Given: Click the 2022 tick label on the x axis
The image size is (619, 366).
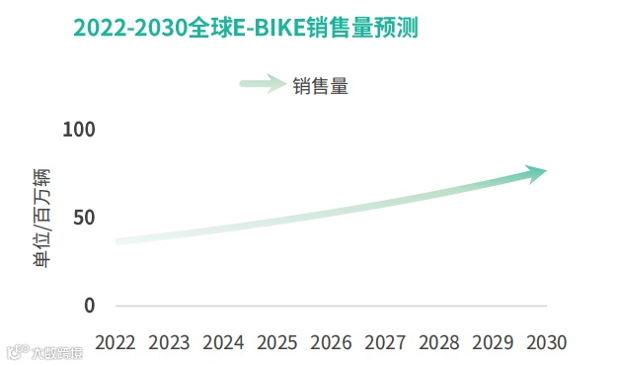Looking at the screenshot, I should coord(116,342).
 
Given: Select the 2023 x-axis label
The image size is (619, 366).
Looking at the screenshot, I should coord(169,342).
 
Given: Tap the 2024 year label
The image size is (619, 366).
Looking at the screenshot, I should coord(223,342).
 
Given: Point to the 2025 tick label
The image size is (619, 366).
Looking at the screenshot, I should coord(276,342).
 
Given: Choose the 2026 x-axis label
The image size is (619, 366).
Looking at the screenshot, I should coord(331,342).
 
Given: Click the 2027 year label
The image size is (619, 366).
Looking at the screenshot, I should coord(385,342).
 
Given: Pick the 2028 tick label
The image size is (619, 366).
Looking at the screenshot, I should coord(438,342).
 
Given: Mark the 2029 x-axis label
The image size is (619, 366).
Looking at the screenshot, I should coord(493,342).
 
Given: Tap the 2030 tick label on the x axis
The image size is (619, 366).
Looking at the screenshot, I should coord(547,342).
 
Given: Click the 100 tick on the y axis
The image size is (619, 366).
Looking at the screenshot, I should coord(78,130).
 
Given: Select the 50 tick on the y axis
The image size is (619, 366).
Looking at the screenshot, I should coord(83,218).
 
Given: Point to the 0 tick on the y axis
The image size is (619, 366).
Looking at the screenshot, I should coord(89,305).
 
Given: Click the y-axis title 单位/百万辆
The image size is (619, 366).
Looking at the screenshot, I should coord(41,219).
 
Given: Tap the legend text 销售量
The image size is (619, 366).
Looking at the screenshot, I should coord(320,86).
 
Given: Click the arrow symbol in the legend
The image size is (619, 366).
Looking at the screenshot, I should coord(263,85).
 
